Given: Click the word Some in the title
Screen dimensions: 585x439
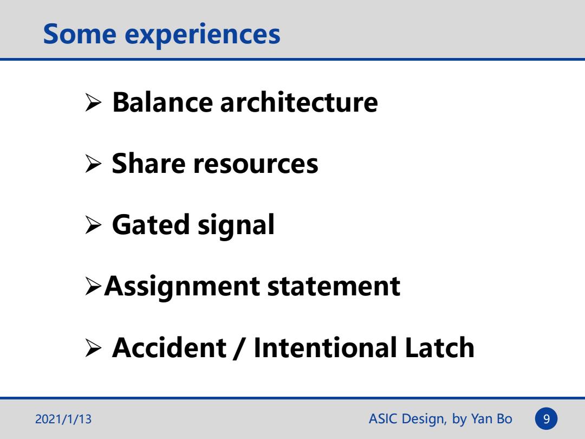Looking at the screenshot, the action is (80, 34).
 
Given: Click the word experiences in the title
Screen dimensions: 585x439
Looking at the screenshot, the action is (202, 36).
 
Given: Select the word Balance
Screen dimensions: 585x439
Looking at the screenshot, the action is (162, 102).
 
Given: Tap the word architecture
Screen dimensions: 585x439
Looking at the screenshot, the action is (299, 102).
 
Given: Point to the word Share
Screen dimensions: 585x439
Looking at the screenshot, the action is (148, 163).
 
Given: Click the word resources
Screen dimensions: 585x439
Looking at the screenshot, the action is (256, 165).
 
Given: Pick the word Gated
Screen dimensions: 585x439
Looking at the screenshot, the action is (151, 224).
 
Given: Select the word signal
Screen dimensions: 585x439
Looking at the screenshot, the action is (236, 226).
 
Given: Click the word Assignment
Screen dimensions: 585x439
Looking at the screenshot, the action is (182, 287).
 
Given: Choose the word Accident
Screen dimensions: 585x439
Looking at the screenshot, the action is (169, 347).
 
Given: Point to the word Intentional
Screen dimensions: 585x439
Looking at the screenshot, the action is (325, 347).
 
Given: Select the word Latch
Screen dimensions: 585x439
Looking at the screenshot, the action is (439, 347).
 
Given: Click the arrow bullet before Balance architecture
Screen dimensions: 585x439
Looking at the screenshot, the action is (93, 102).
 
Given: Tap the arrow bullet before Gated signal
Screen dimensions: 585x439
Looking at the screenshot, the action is (93, 225).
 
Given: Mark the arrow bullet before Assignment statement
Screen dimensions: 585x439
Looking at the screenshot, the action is (93, 286).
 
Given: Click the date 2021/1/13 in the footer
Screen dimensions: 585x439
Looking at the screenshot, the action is (63, 419).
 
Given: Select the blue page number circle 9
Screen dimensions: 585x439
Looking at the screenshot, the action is (546, 419).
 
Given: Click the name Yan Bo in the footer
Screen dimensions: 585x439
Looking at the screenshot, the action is (491, 419).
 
